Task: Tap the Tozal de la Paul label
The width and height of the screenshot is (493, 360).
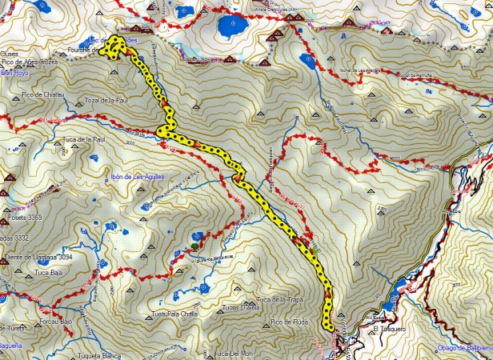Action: [x=106, y=101]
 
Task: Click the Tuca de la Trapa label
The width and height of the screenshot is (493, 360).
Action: [x=277, y=299]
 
